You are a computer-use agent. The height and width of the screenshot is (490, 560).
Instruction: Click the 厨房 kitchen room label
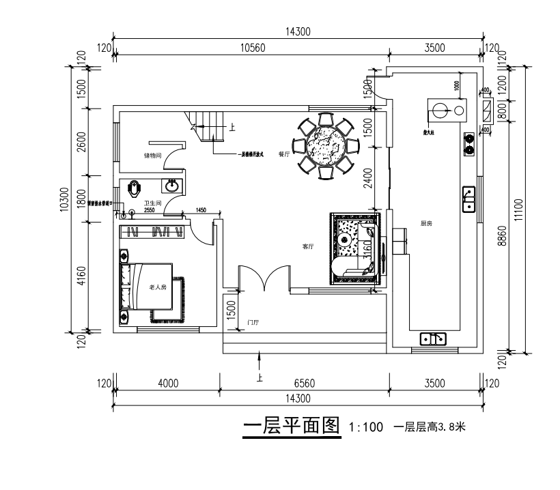click(x=428, y=223)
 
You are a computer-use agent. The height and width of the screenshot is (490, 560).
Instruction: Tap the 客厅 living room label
click(x=308, y=246)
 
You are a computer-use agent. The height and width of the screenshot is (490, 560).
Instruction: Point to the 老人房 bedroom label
click(x=158, y=287)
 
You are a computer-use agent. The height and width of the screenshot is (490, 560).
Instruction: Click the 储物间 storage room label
click(x=152, y=156)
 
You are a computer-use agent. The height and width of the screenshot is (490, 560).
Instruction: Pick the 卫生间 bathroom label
click(x=152, y=203)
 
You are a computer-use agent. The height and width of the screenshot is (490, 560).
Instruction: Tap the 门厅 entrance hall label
click(x=252, y=321)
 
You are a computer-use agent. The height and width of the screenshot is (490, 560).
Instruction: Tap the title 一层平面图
click(x=292, y=427)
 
